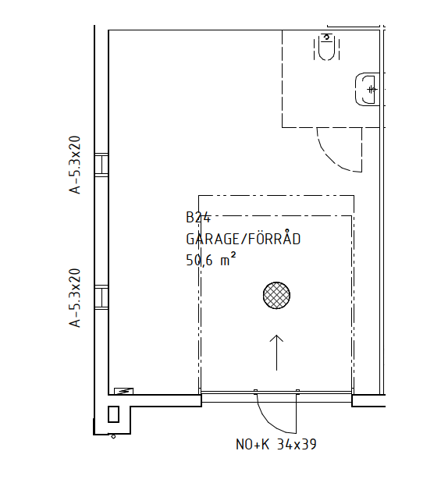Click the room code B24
[198, 217]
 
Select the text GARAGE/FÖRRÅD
[244, 239]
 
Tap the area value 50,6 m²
[211, 259]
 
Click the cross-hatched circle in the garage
[276, 295]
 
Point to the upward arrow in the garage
[276, 353]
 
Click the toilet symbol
[327, 47]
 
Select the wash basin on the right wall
[368, 89]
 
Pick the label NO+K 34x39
[276, 444]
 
